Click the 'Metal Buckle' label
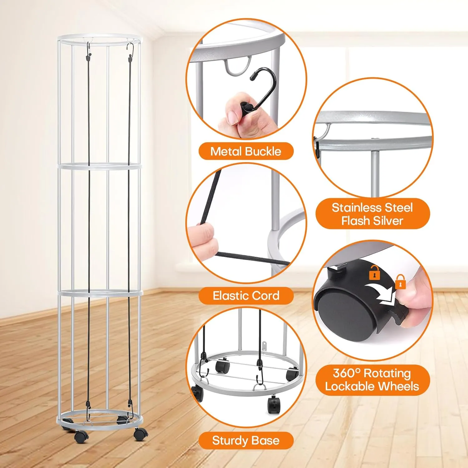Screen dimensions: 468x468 pos(246,151)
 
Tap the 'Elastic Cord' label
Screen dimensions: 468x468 pos(246,295)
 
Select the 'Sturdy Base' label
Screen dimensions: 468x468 pos(246,440)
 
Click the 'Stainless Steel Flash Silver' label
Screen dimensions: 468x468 pos(372,214)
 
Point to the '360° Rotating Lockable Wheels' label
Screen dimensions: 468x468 pos(372,380)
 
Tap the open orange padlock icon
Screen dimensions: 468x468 pos(375,272)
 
